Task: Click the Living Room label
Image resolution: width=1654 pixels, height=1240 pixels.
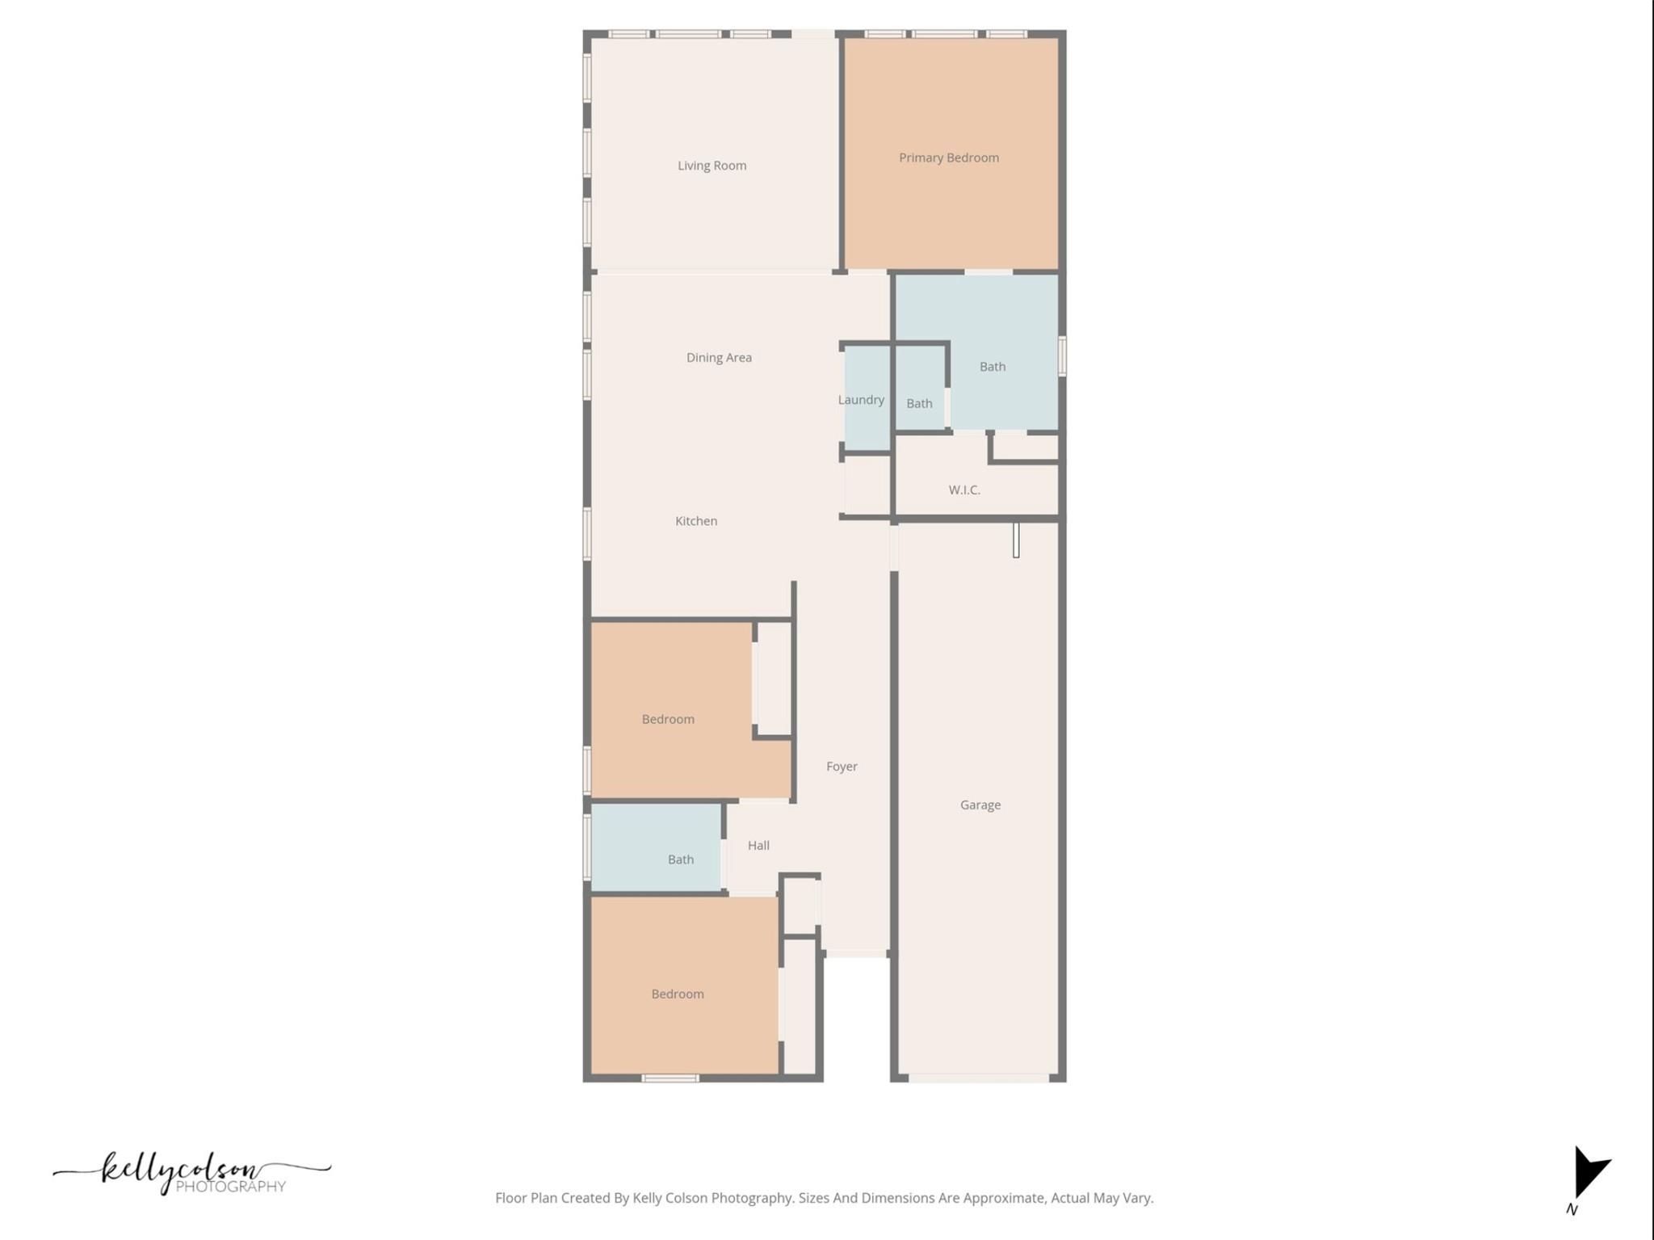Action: (x=712, y=166)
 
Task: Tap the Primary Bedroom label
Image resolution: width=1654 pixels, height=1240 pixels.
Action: (x=948, y=158)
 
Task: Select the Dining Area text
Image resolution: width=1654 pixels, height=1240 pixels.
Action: (x=719, y=357)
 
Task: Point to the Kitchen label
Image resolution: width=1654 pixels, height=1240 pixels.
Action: (x=695, y=521)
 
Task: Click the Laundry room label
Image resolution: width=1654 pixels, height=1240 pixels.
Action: (x=860, y=400)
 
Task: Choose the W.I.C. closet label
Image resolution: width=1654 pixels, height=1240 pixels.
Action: (x=963, y=490)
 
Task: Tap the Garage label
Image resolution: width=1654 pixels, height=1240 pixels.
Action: (x=980, y=805)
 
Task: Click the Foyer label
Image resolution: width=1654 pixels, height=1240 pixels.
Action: (x=842, y=766)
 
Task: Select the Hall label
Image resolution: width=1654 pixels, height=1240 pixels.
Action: (x=758, y=845)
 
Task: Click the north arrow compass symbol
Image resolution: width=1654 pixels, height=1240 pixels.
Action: (x=1588, y=1175)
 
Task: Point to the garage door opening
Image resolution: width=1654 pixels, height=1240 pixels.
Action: (x=978, y=1078)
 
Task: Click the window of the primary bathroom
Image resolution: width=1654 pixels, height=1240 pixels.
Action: (x=1062, y=356)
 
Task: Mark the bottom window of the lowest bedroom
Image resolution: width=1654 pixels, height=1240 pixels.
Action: (x=670, y=1078)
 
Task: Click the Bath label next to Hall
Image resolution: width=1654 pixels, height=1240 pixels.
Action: (x=680, y=860)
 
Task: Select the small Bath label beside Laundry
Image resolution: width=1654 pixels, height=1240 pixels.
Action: (x=919, y=403)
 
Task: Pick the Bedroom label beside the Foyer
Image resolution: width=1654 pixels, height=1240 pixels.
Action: (x=667, y=719)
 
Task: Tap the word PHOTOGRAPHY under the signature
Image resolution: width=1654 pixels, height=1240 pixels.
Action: (x=230, y=1187)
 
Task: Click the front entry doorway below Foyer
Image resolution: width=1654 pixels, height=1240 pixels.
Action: (x=856, y=954)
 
